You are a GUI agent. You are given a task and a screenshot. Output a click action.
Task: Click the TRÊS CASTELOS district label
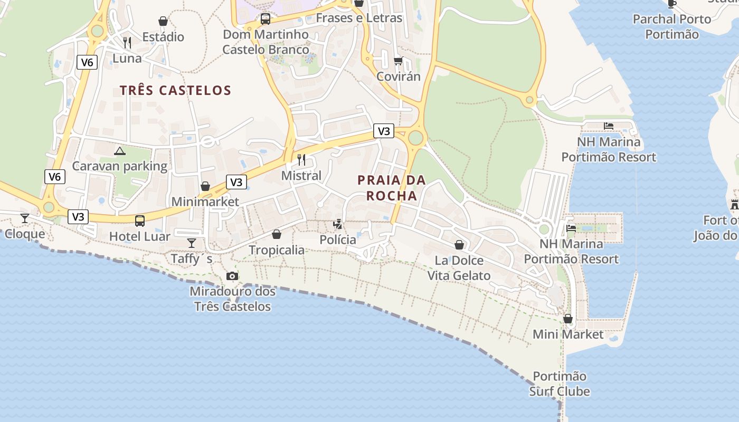(175, 90)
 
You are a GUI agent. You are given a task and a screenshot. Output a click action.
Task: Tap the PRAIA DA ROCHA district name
(392, 188)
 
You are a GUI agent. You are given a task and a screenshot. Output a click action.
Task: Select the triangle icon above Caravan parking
(120, 151)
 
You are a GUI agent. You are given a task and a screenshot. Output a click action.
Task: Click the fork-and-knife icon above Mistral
(301, 159)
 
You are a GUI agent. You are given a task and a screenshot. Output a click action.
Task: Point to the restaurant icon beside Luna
(127, 43)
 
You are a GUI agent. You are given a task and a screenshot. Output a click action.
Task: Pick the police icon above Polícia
(338, 224)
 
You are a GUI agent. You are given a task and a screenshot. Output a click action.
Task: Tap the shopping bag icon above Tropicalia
(277, 234)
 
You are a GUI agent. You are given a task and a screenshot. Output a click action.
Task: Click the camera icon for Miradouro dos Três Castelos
(232, 276)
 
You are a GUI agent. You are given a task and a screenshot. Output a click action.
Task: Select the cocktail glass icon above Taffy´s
(191, 243)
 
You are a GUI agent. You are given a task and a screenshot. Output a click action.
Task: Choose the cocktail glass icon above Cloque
(25, 218)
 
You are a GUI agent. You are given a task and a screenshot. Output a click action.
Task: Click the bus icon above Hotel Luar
(140, 221)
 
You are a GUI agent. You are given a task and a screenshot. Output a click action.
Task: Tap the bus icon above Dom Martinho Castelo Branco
(266, 20)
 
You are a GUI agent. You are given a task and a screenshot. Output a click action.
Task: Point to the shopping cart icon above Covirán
(399, 61)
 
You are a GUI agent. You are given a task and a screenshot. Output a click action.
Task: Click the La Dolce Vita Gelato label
(459, 268)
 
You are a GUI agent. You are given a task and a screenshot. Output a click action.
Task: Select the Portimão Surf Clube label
(560, 384)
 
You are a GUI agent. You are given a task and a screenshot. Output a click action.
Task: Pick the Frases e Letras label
(359, 18)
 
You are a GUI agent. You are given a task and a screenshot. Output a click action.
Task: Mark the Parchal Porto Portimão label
(672, 27)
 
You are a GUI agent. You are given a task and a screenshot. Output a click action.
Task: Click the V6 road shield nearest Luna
(87, 62)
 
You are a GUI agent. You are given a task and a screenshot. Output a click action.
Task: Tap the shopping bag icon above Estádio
(163, 21)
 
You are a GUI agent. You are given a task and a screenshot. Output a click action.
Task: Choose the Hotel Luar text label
(140, 236)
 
